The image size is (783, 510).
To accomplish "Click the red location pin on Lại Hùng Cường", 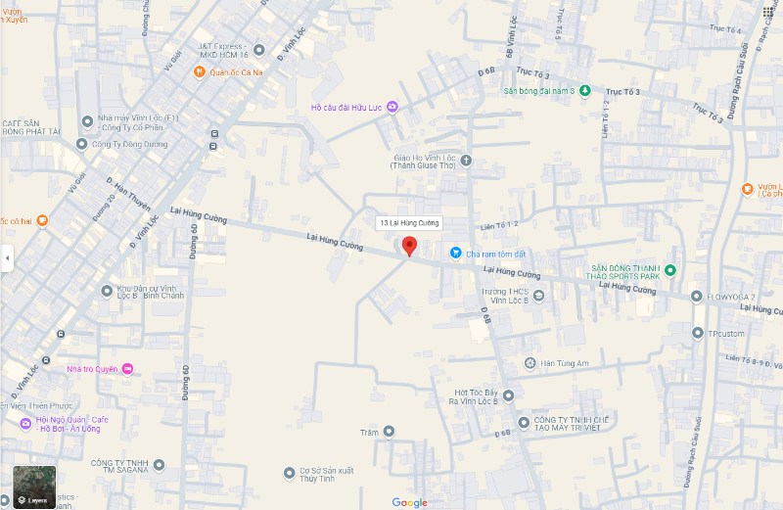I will (x=410, y=246).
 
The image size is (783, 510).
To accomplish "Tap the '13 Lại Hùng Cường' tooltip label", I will (x=410, y=223).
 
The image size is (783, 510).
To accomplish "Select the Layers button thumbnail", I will (x=34, y=487).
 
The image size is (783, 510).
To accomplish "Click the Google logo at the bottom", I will (x=410, y=502).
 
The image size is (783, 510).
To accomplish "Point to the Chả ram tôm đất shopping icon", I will (x=455, y=253).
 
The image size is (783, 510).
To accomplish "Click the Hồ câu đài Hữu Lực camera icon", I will (x=391, y=107).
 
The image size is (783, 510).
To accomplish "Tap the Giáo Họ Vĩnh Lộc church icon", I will (x=466, y=161).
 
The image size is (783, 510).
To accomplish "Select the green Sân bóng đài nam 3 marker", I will (x=584, y=91).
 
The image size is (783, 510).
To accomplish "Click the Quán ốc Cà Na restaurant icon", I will (x=199, y=70).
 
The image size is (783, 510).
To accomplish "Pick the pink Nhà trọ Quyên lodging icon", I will (x=127, y=369).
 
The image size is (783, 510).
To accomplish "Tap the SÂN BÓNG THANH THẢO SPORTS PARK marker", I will (x=670, y=270).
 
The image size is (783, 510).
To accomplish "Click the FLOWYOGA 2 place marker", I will (x=696, y=297).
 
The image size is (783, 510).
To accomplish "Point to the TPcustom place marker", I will (x=697, y=333).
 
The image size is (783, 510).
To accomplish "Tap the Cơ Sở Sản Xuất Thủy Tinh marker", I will (x=289, y=474).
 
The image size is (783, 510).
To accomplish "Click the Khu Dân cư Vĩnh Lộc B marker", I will (x=107, y=291).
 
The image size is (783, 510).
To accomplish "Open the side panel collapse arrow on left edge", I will (x=7, y=258).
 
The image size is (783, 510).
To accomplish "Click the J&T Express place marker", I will (x=258, y=47).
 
